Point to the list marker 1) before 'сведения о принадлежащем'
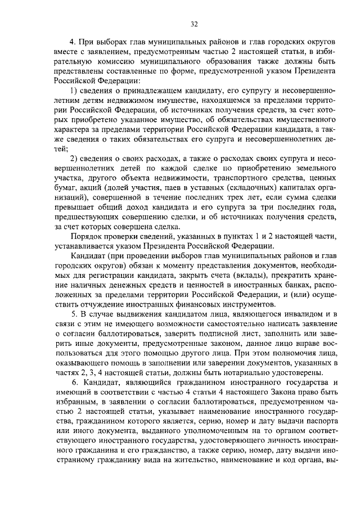(x=74, y=91)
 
